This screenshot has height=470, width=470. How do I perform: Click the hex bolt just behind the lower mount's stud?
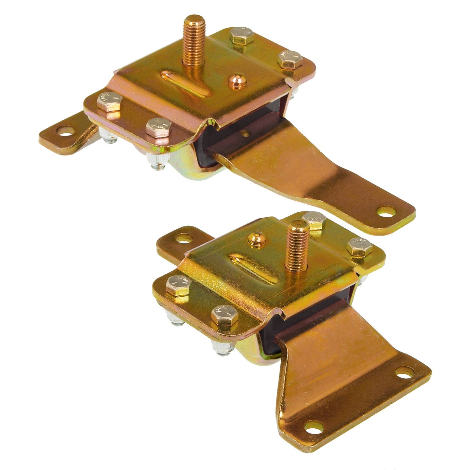tap(314, 220)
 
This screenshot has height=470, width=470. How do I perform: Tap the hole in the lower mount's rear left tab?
tap(183, 238)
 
